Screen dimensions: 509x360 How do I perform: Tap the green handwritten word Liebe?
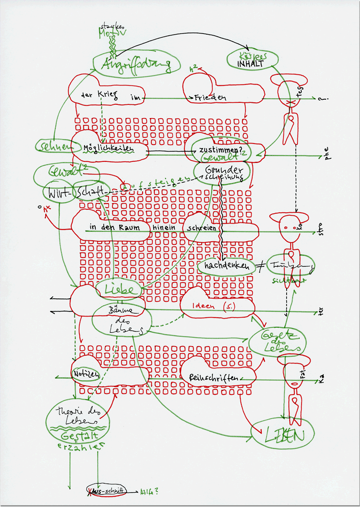click(x=119, y=289)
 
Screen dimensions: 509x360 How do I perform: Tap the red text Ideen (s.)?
click(x=210, y=307)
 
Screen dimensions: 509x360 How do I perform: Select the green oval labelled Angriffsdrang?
click(x=137, y=65)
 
